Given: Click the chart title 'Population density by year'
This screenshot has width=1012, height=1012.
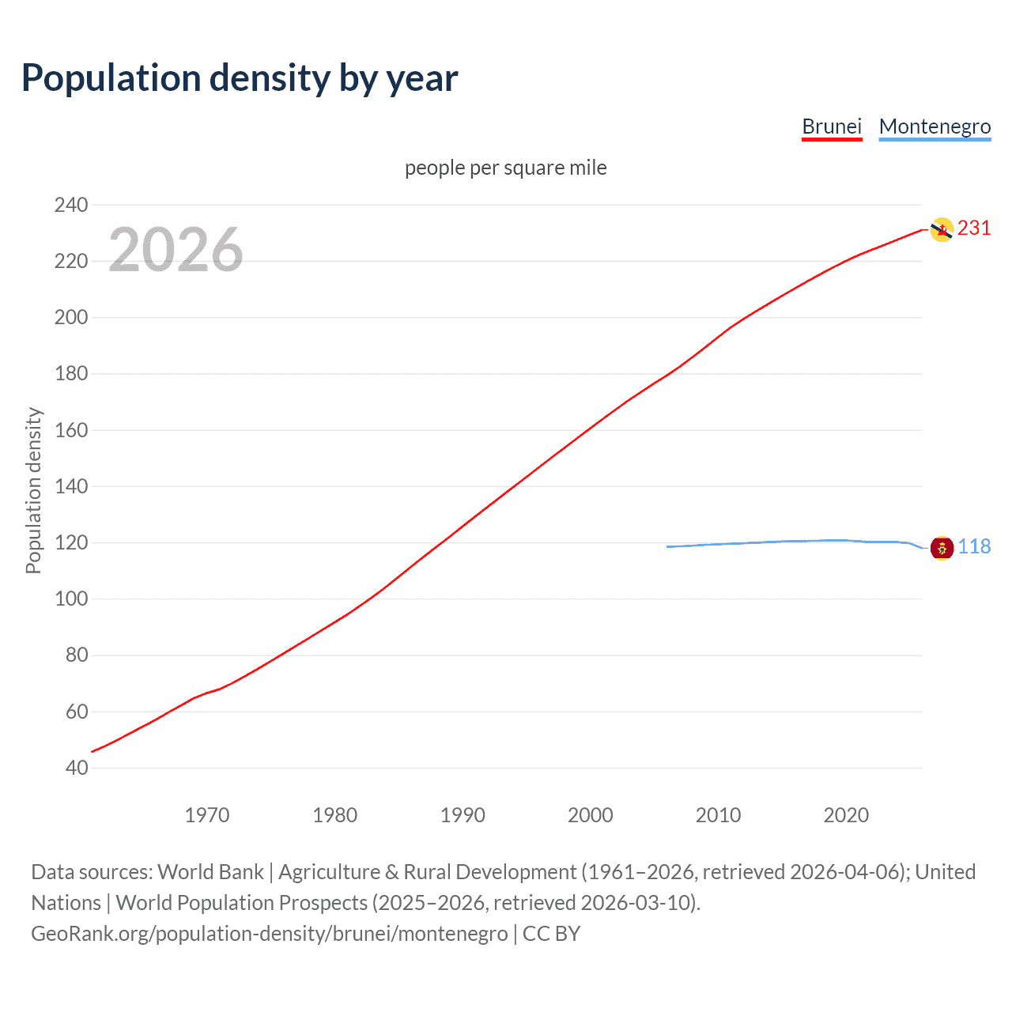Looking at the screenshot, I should (x=240, y=78).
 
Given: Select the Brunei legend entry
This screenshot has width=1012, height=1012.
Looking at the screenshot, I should (x=831, y=126).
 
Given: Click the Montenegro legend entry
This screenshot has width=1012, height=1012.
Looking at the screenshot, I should (x=935, y=126).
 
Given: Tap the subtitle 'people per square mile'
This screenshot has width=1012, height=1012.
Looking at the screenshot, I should (x=505, y=168).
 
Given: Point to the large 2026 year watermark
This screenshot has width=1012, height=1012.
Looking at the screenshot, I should (x=176, y=250).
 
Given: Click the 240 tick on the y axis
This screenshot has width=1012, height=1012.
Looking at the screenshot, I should (x=71, y=205).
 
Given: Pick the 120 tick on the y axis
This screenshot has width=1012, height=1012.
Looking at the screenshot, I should (x=71, y=543).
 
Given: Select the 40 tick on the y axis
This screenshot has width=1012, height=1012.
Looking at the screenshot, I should (x=77, y=768).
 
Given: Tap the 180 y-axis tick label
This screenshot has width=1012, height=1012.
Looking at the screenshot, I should (x=71, y=374).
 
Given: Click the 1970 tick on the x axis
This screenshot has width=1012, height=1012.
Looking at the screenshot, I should (x=207, y=815).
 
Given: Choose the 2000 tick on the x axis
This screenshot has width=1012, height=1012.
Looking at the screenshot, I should (x=590, y=815).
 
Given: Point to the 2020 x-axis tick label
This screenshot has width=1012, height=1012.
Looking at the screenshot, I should (x=846, y=815).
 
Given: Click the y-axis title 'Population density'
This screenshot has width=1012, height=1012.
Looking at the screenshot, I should (x=33, y=490).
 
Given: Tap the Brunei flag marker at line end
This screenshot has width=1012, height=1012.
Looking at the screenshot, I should (x=942, y=229).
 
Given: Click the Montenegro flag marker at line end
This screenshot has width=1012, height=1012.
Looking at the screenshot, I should (x=942, y=547).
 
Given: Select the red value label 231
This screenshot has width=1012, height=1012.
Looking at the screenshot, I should (x=974, y=228).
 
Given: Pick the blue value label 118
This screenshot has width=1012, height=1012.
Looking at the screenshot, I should (x=974, y=547).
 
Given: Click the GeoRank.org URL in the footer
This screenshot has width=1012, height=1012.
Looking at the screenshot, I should (x=269, y=934).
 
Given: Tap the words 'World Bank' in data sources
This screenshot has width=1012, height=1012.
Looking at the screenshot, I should (x=210, y=872).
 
